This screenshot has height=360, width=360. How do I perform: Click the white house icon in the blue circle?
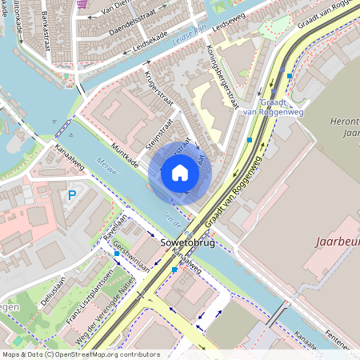[180, 173]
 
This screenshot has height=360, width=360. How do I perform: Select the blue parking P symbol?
[72, 194]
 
